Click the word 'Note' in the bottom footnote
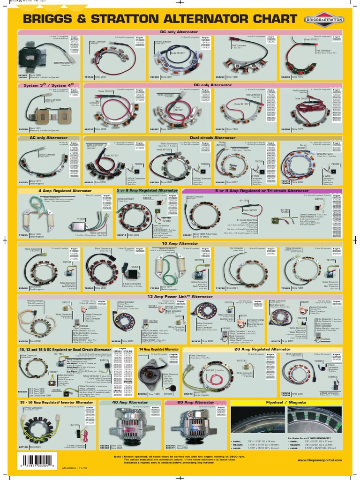pos(119,455)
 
